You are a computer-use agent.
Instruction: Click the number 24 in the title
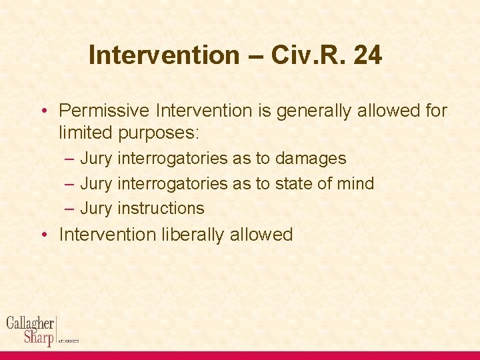[x=368, y=55]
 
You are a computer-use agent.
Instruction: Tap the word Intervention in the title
[x=163, y=55]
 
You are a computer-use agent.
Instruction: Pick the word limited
[x=86, y=132]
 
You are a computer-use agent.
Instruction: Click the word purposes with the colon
[x=159, y=132]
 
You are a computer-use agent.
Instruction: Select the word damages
[x=311, y=159]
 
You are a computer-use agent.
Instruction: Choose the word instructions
[x=161, y=208]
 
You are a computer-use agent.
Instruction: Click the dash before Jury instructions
[x=69, y=208]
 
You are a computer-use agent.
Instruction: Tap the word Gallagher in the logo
[x=30, y=323]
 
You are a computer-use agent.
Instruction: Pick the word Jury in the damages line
[x=96, y=159]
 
